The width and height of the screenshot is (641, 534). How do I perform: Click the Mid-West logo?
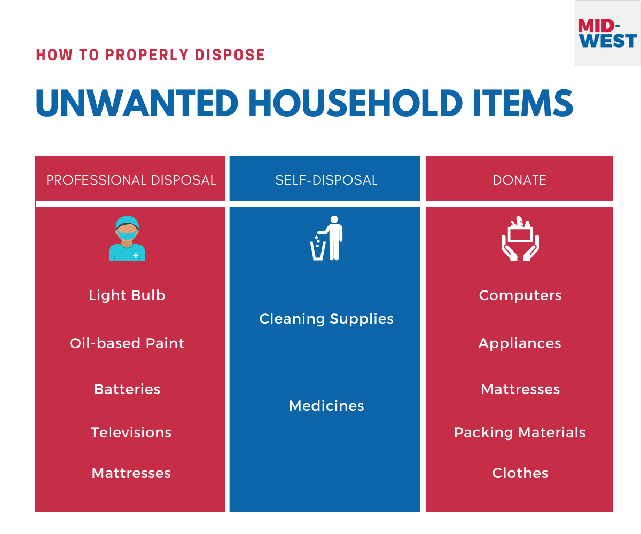tap(607, 33)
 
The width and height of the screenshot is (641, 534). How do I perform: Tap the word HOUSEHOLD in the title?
tap(355, 103)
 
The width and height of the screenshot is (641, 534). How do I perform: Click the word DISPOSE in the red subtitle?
tap(230, 55)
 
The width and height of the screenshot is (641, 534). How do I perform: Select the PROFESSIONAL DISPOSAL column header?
tap(131, 180)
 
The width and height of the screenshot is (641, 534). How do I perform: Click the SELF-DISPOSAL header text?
tap(326, 180)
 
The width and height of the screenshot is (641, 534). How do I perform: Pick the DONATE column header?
tap(519, 180)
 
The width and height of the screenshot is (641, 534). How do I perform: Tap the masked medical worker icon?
tap(127, 239)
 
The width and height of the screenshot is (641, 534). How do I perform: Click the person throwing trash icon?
tap(326, 238)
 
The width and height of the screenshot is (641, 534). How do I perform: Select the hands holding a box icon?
tap(520, 239)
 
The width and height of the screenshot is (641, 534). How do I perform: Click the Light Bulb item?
tap(127, 295)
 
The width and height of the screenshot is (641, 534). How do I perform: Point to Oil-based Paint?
tap(127, 343)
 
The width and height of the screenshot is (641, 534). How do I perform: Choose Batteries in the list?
tap(127, 389)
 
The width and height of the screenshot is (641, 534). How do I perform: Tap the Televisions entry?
tap(131, 433)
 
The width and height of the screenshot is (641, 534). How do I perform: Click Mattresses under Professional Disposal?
tap(131, 473)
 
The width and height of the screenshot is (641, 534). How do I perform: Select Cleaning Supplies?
tap(326, 319)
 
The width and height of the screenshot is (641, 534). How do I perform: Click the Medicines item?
tap(326, 406)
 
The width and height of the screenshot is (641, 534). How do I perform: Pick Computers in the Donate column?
tap(520, 295)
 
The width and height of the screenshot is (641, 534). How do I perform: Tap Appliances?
tap(520, 344)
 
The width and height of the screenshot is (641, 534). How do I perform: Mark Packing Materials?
tap(520, 433)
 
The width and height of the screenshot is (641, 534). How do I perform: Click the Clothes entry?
tap(520, 473)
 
